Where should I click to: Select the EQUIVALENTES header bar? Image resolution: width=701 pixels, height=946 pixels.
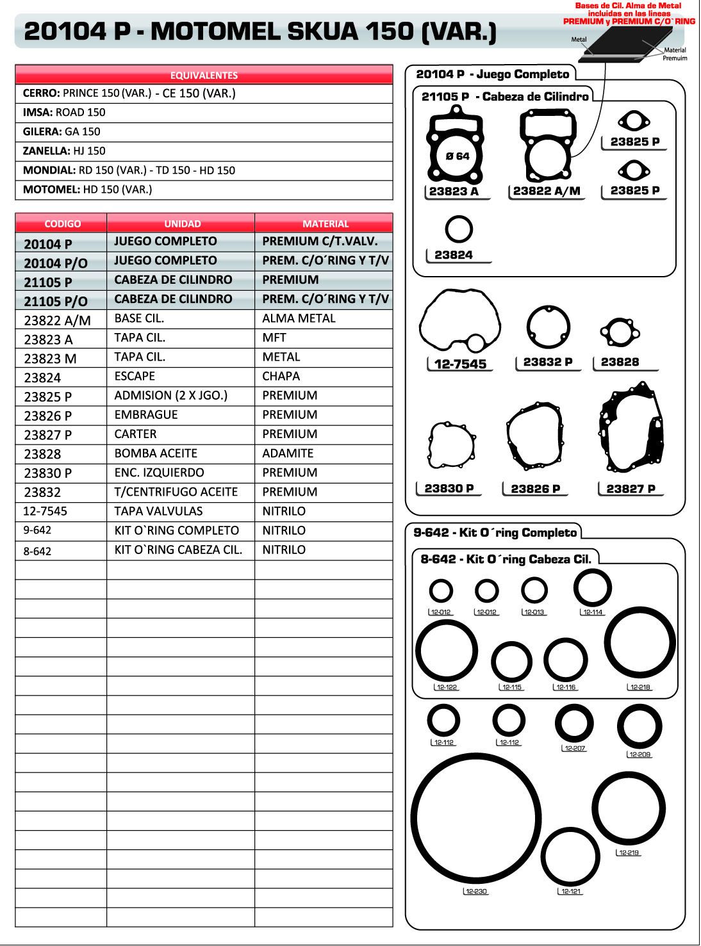coord(204,75)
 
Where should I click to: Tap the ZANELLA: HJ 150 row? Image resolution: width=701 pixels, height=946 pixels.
coord(204,151)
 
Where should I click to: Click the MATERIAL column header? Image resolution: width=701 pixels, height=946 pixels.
coord(325,224)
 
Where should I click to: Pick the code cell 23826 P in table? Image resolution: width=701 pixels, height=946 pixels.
coord(48,416)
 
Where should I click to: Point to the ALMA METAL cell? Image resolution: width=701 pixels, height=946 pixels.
coord(299,318)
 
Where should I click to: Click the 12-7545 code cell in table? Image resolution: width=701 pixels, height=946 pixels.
coord(45,511)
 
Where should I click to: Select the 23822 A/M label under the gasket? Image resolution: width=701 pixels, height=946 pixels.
coord(547,191)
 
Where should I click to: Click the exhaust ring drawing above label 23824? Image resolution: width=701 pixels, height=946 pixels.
coord(459,229)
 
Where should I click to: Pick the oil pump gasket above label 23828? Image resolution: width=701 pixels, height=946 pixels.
coord(620,332)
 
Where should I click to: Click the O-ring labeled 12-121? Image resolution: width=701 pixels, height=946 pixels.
coord(570,857)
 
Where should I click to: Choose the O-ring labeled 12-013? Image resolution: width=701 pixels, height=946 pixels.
coord(534,591)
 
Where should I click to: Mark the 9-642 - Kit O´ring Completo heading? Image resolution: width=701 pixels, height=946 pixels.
coord(495,533)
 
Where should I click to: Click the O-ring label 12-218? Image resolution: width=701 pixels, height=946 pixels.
coord(639,687)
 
